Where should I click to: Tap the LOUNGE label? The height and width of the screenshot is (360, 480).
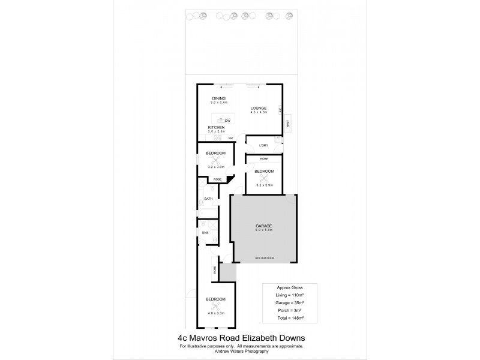point(259,108)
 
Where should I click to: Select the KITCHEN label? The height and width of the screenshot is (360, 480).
point(216,128)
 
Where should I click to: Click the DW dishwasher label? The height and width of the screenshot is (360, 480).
point(228,121)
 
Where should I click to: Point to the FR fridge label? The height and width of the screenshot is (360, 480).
point(229,139)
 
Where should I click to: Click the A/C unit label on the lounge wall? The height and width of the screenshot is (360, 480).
point(280,110)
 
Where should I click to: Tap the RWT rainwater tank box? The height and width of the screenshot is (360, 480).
point(288,124)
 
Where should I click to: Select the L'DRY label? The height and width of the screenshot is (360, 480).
point(263,146)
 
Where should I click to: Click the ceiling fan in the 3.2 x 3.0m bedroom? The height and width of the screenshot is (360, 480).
point(211,160)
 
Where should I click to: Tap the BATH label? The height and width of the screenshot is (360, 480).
point(208,199)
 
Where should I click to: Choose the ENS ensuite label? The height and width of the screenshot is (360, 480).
point(205,232)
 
